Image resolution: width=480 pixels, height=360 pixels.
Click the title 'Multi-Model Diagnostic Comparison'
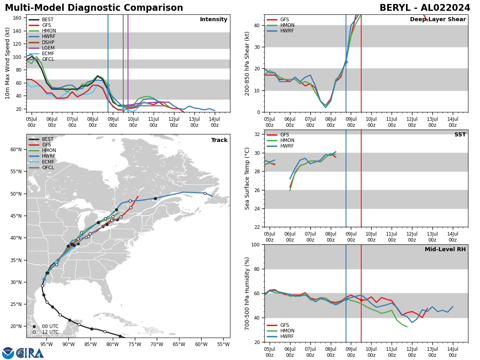pyautogui.click(x=94, y=8)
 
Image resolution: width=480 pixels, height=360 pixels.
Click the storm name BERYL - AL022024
pyautogui.click(x=425, y=8)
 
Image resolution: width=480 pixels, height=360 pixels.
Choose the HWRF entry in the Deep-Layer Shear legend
pyautogui.click(x=287, y=31)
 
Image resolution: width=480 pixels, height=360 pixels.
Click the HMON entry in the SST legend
pyautogui.click(x=287, y=140)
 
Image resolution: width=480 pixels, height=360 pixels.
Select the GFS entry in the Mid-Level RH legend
pyautogui.click(x=284, y=325)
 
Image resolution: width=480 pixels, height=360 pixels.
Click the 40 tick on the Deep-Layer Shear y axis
pyautogui.click(x=258, y=25)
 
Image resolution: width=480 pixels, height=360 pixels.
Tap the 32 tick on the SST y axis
pyautogui.click(x=258, y=134)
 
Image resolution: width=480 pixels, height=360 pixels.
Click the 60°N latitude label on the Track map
pyautogui.click(x=16, y=150)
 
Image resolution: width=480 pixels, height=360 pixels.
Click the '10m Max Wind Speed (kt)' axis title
pyautogui.click(x=7, y=63)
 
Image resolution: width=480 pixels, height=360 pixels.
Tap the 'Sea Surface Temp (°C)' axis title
pyautogui.click(x=247, y=178)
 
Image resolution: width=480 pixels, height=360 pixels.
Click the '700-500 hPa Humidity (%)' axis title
pyautogui.click(x=247, y=293)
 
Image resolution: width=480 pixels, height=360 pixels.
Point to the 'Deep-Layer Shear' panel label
pyautogui.click(x=438, y=20)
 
